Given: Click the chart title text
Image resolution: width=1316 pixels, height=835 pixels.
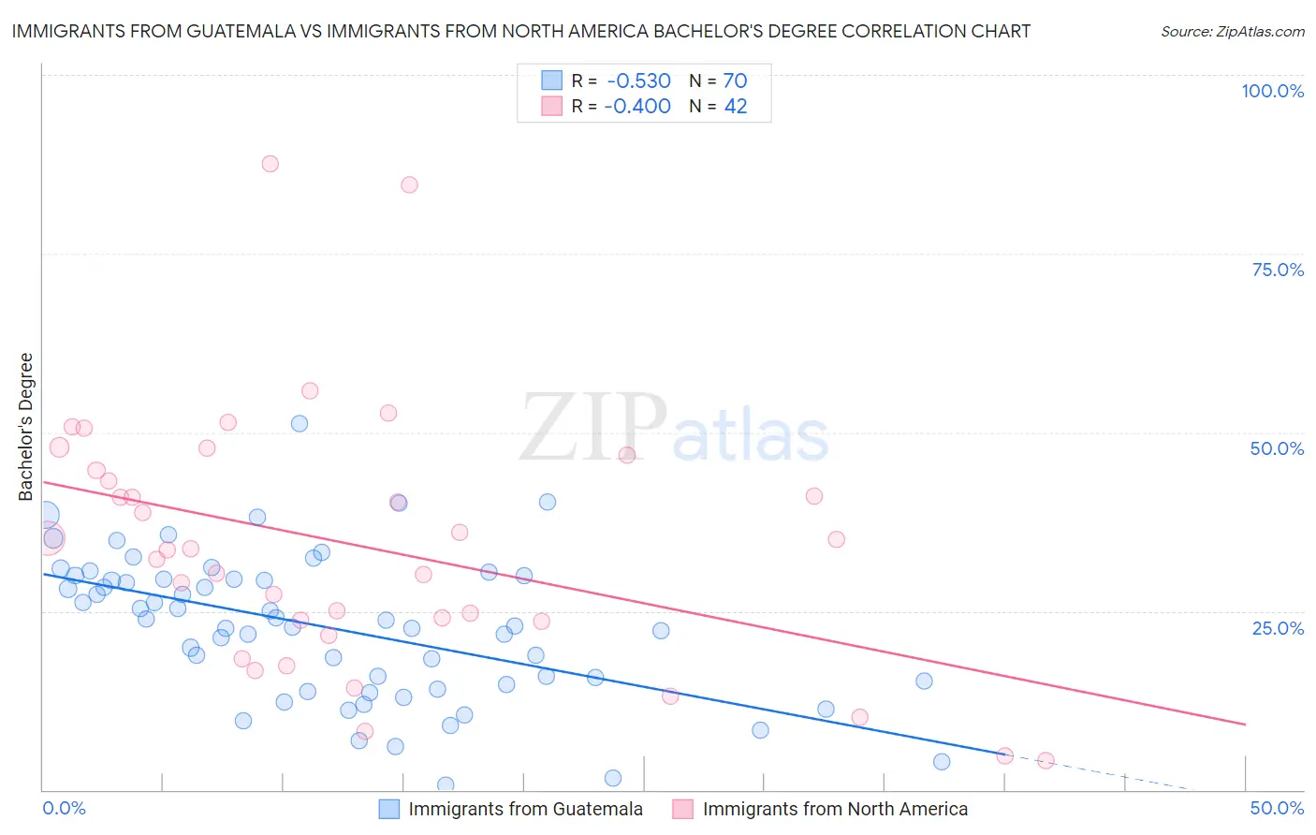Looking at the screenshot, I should [520, 31].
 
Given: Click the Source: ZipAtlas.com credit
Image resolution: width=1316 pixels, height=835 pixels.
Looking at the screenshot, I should [1232, 31].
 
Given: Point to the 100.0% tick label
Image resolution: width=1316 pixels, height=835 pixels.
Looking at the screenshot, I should [1272, 91].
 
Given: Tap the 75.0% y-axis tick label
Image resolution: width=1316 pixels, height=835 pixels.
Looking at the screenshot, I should [1278, 270].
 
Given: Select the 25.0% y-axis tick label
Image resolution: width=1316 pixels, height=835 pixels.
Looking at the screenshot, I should [1278, 627].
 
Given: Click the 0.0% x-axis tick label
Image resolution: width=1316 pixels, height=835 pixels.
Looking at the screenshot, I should [64, 808].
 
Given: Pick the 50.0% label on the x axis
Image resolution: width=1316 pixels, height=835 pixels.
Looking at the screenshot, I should [1277, 808].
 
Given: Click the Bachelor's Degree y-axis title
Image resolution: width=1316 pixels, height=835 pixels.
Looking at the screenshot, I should [26, 427].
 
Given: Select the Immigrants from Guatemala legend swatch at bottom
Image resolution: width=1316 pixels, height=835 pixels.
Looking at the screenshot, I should [389, 809].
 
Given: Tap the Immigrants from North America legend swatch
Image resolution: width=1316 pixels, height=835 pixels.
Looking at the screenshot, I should [683, 809].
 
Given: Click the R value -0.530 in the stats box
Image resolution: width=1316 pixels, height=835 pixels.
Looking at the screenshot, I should [638, 81].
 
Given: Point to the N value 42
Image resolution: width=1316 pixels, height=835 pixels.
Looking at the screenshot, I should [736, 107].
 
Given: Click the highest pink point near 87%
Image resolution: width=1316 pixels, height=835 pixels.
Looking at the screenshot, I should [271, 164].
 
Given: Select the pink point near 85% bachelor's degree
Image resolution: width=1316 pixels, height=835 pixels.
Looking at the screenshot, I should [409, 184].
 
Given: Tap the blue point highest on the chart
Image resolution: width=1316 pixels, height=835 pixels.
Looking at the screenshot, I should [300, 423].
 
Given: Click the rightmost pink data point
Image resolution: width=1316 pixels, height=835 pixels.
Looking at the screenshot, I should [1046, 760].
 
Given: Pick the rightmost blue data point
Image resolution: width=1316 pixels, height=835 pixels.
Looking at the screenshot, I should [942, 761].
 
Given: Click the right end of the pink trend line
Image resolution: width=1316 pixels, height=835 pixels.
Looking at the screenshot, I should [1245, 724].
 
